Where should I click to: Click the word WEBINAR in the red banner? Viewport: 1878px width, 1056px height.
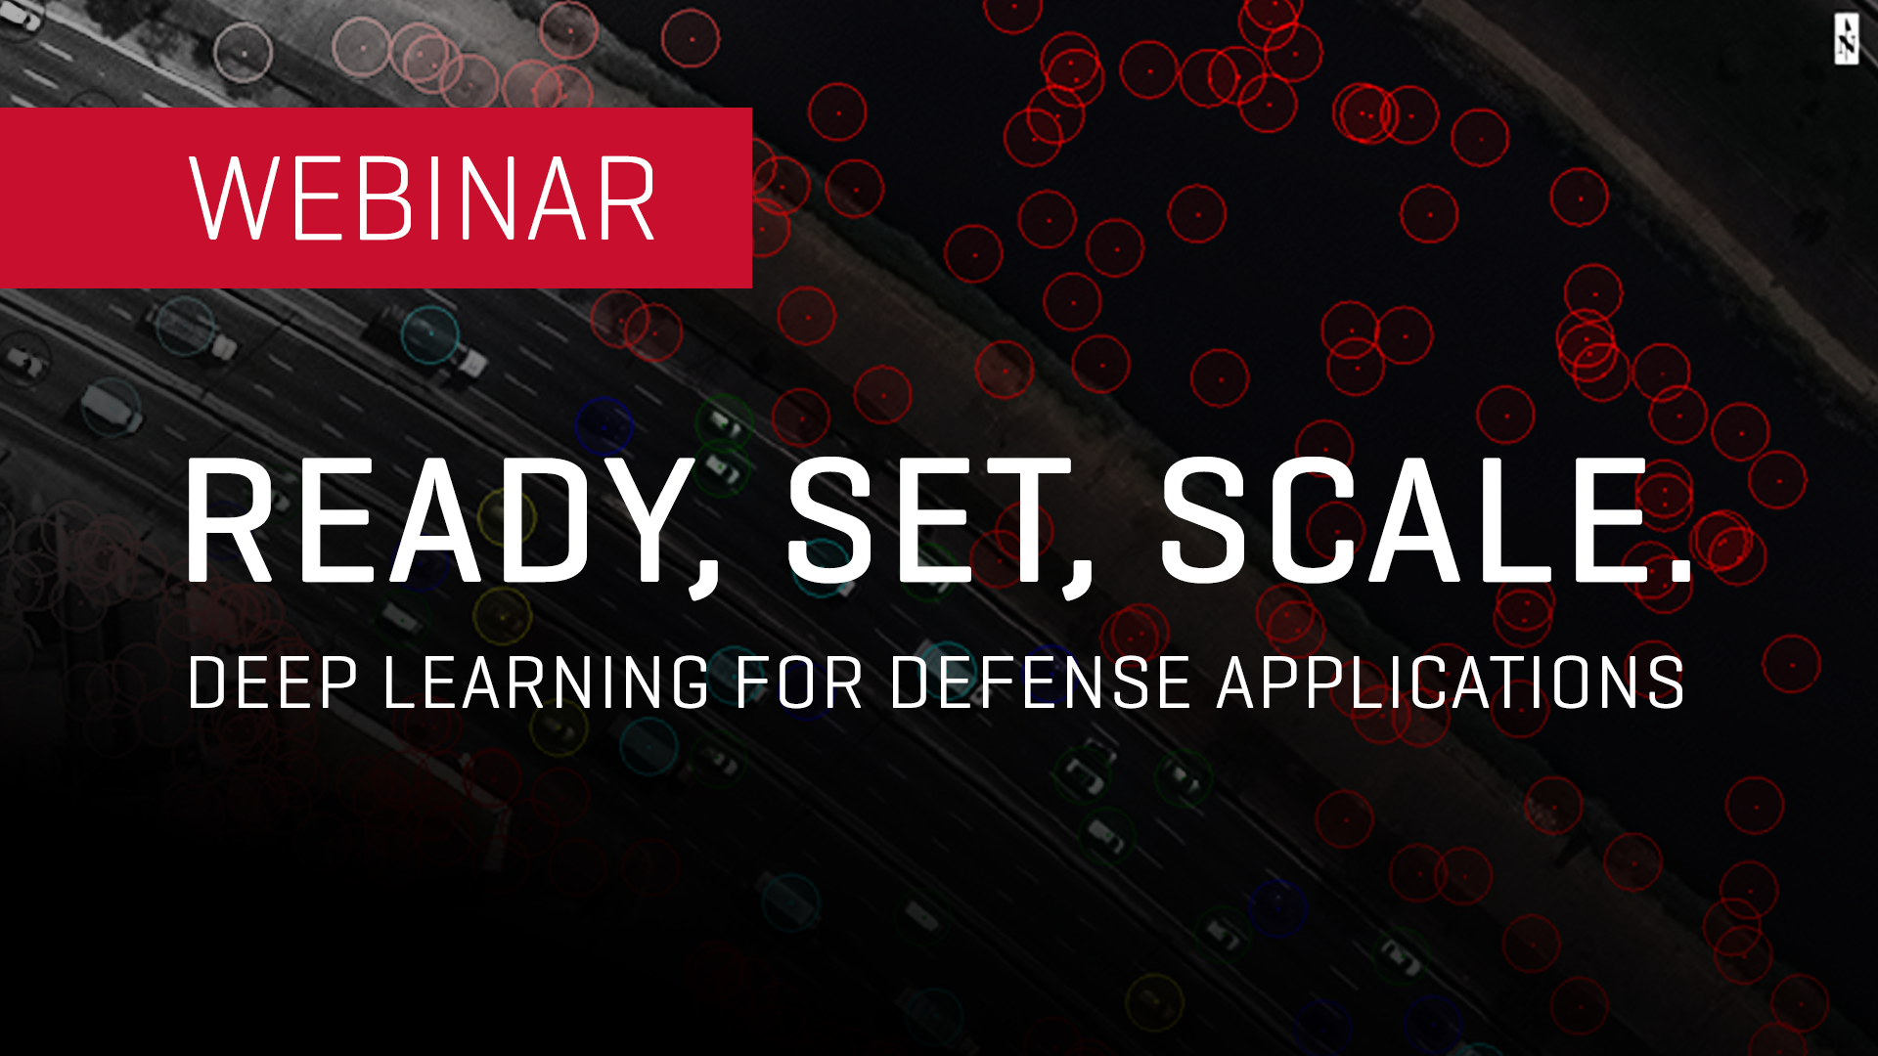[x=422, y=198]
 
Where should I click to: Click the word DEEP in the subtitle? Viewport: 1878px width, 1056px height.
[x=272, y=682]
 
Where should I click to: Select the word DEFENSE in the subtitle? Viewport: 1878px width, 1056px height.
[x=1040, y=682]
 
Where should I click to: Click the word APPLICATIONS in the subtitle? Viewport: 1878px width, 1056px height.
[x=1451, y=682]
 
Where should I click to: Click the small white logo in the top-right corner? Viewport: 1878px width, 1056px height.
[x=1847, y=39]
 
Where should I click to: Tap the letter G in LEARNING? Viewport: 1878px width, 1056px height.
[x=686, y=682]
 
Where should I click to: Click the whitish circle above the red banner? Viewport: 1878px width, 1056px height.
[x=244, y=52]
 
